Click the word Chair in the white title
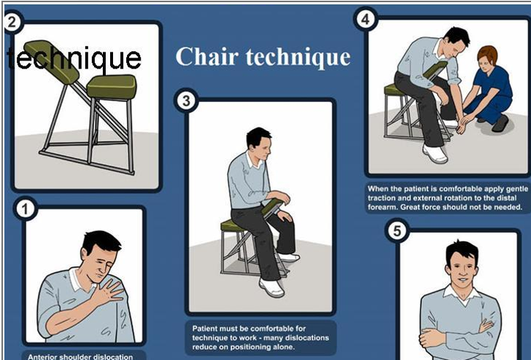click(206, 56)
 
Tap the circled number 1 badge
click(25, 208)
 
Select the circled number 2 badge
click(12, 23)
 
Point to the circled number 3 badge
click(186, 101)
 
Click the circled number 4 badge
click(365, 19)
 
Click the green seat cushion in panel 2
click(112, 87)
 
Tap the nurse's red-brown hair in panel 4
click(487, 54)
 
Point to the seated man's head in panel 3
click(258, 143)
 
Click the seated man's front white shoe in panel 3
click(271, 288)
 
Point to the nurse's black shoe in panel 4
click(500, 123)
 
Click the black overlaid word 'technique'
click(74, 58)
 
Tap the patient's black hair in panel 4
click(458, 36)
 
